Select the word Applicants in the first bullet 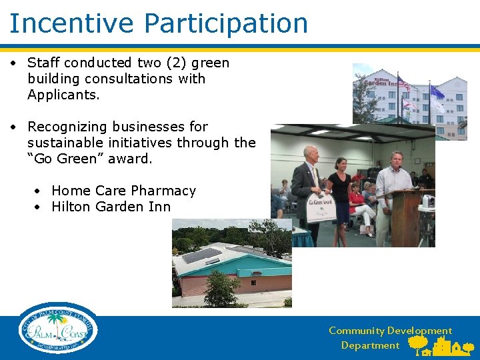click(63, 95)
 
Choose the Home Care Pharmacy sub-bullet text click(123, 191)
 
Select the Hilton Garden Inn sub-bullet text click(111, 207)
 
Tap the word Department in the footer click(370, 345)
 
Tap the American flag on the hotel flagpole click(404, 85)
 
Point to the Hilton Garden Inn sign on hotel click(380, 81)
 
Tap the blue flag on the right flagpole click(437, 92)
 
